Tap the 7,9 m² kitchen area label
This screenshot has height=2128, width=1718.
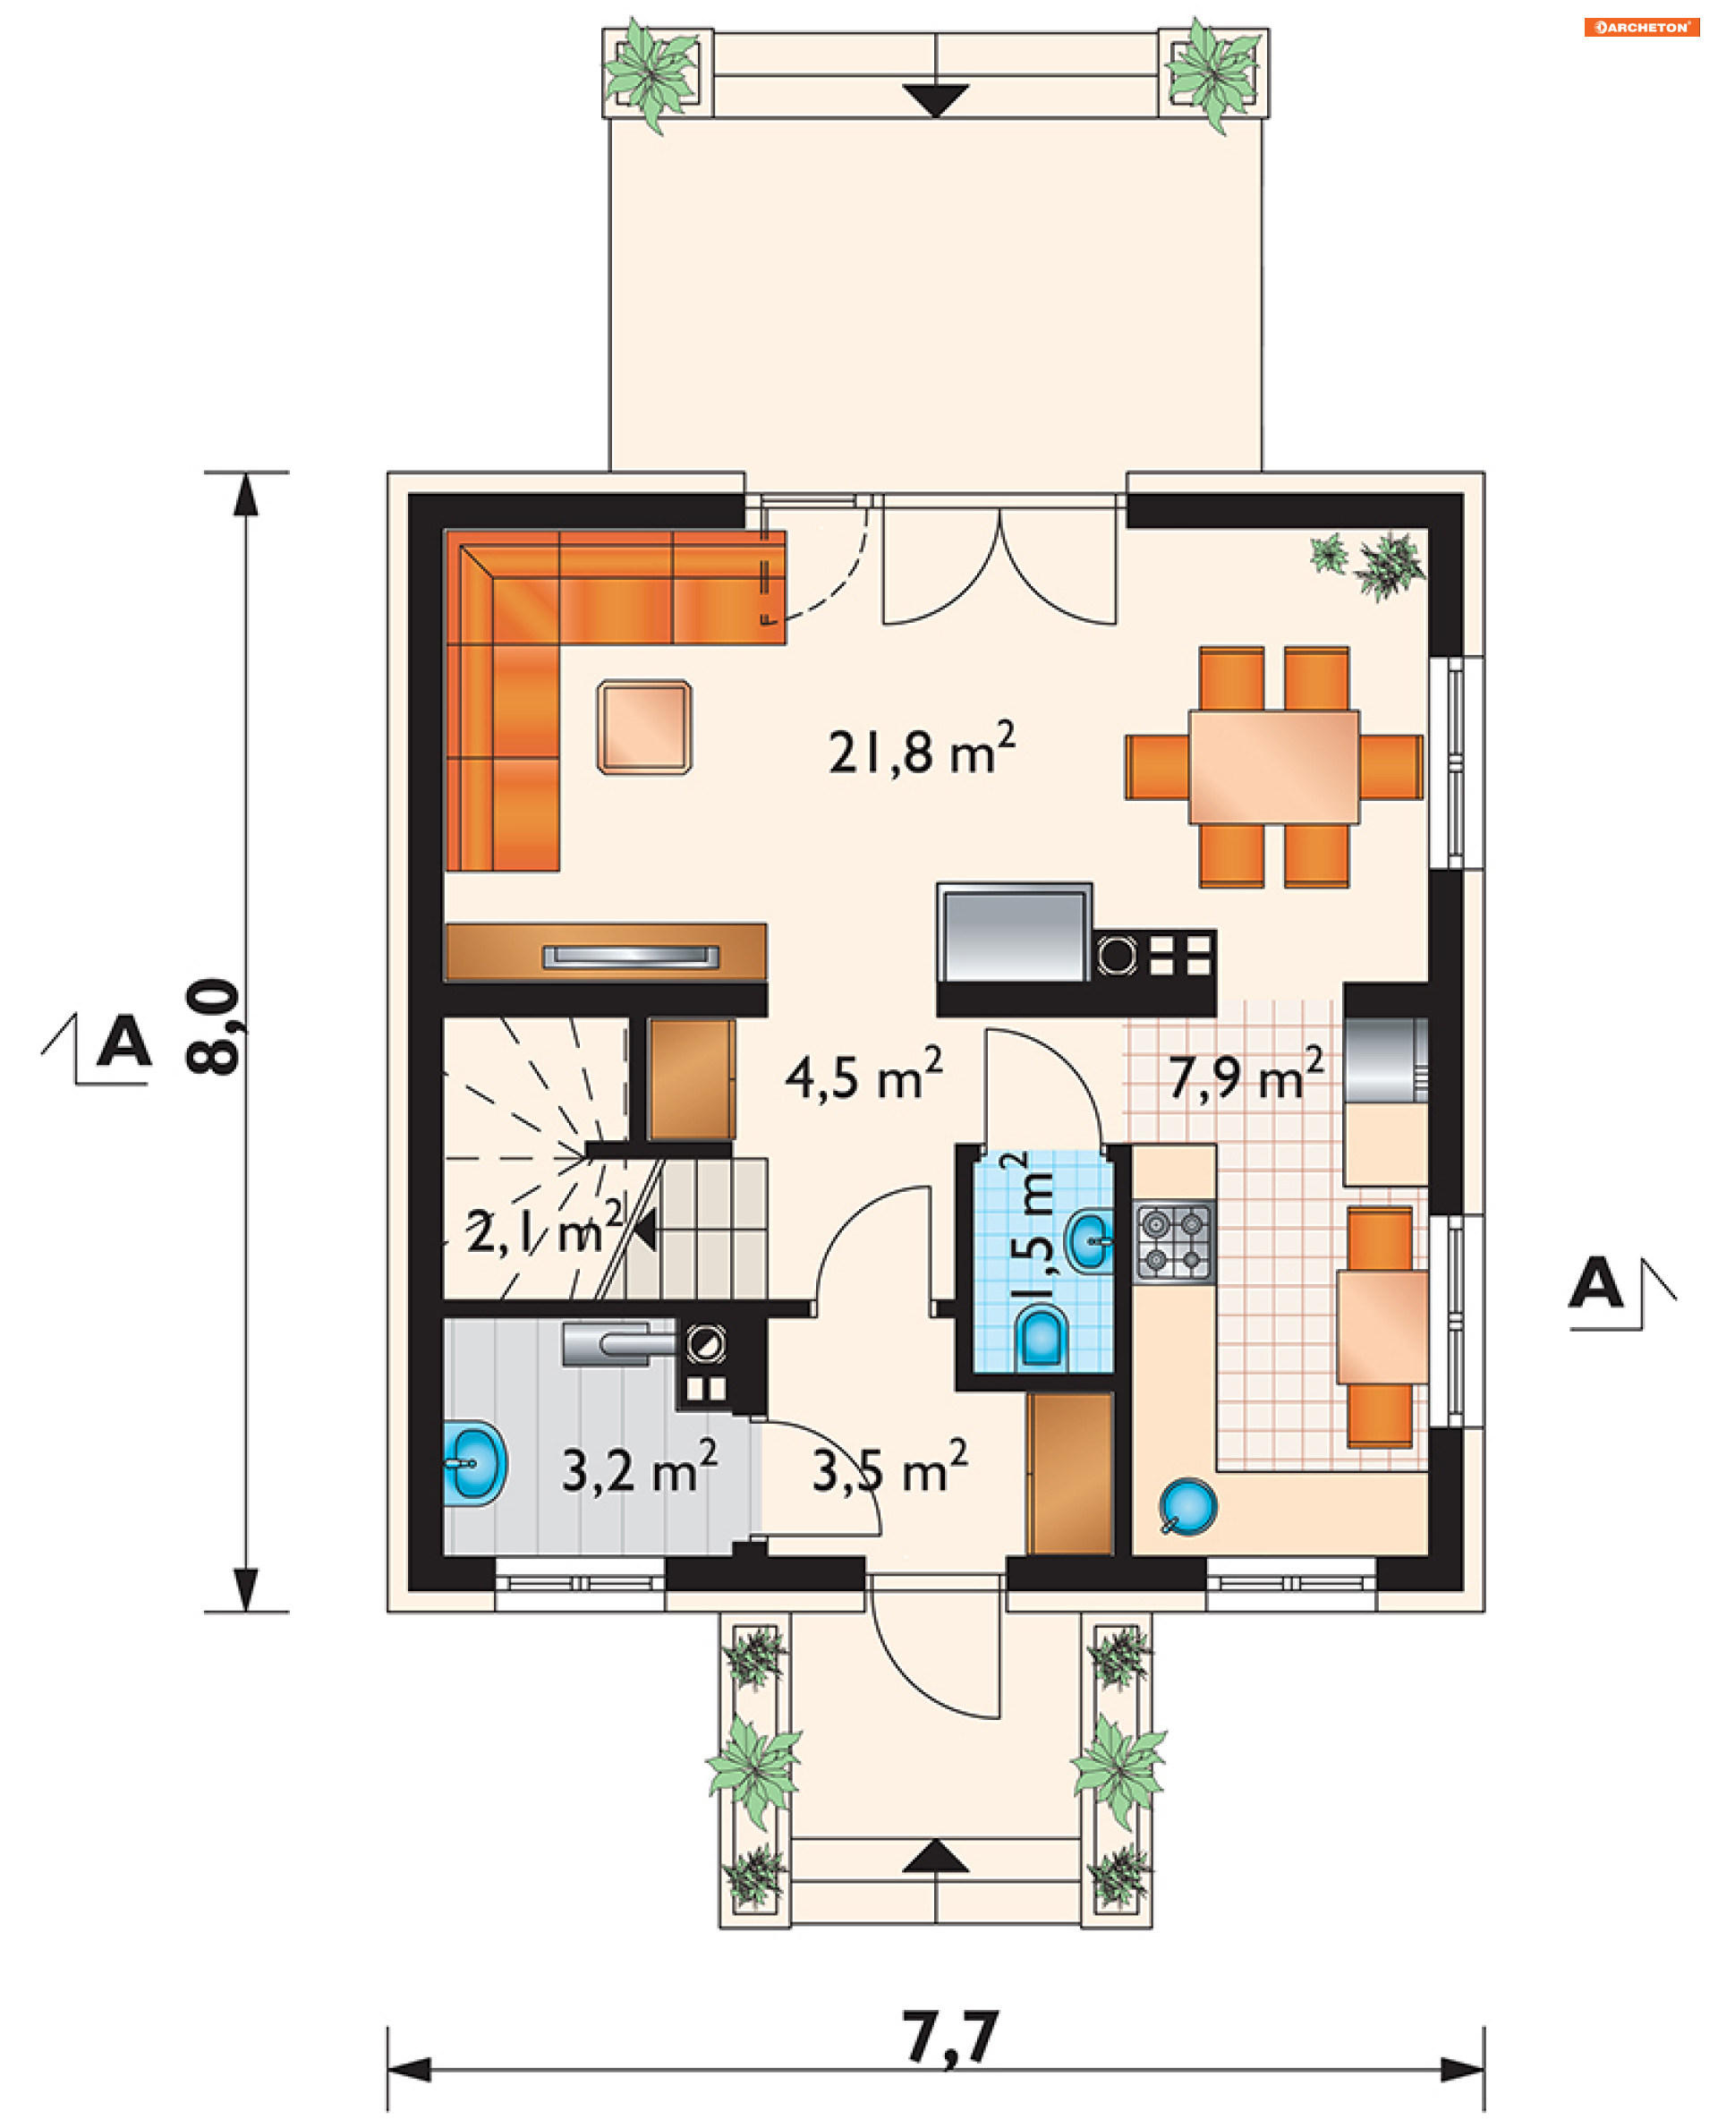point(1246,1075)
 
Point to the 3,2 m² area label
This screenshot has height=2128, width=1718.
point(639,1468)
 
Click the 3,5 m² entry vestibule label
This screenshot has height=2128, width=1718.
point(889,1468)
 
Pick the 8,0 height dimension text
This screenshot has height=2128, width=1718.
point(213,1026)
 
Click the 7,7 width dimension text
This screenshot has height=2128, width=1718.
point(950,2036)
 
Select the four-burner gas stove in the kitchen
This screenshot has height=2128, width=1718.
point(1174,1243)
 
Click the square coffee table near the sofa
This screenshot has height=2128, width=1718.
point(644,727)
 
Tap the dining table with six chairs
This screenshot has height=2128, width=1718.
point(1273,767)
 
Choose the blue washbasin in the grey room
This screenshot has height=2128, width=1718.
point(475,1464)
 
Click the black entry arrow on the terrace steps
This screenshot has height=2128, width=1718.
point(935,101)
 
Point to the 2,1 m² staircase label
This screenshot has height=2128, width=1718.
point(544,1230)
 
